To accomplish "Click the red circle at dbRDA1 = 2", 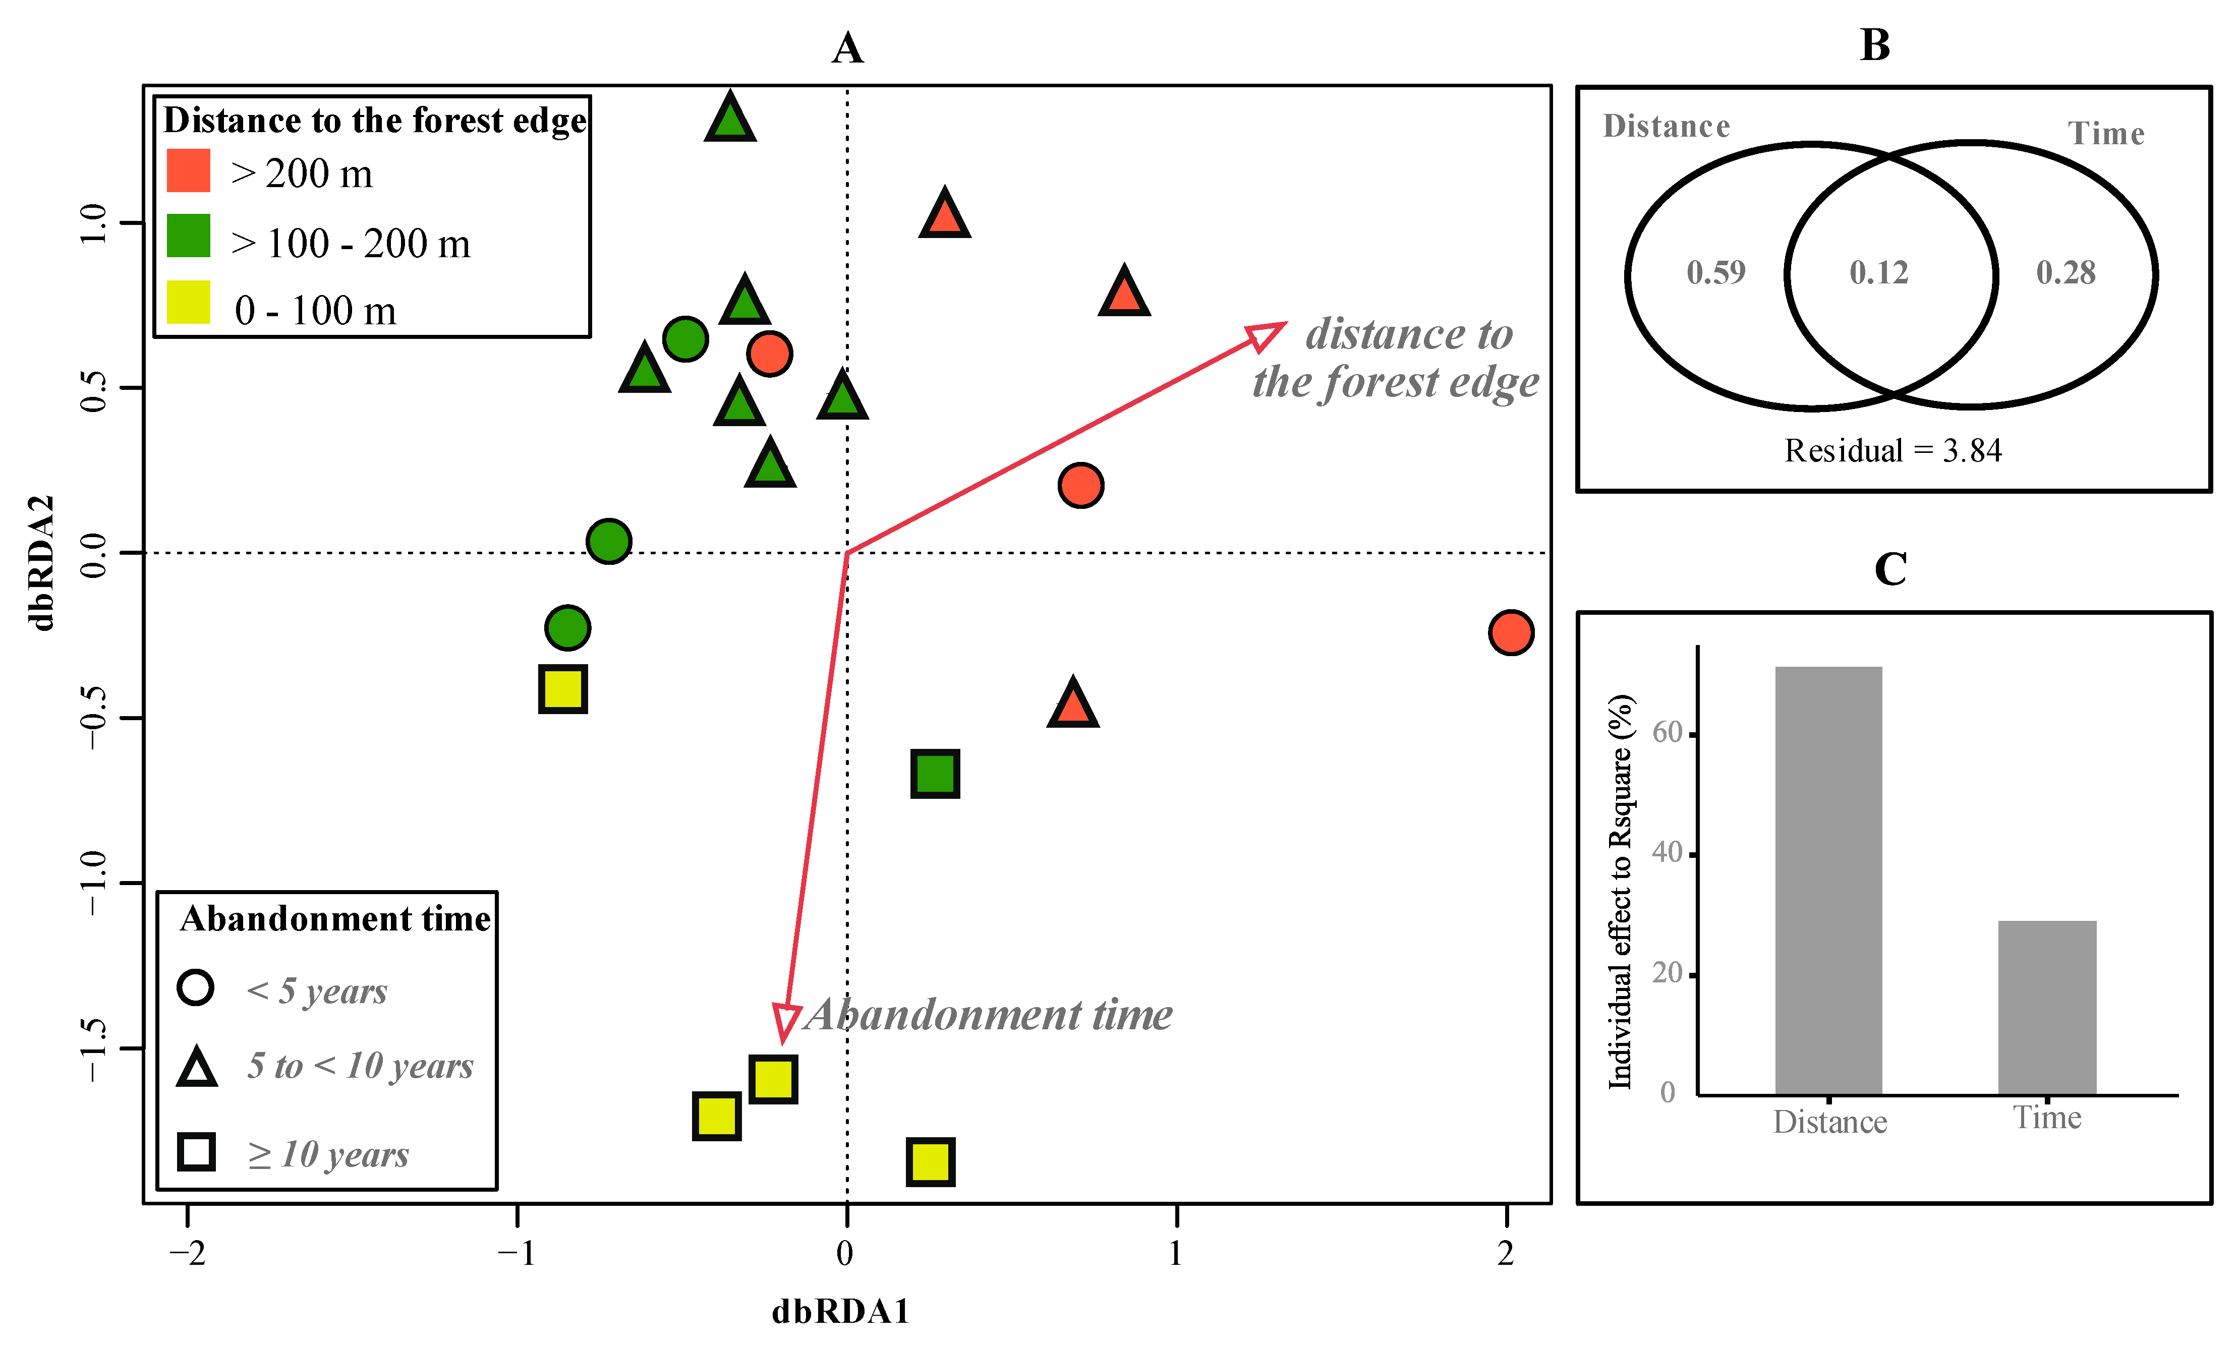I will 1510,632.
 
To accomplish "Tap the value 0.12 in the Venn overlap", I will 1879,272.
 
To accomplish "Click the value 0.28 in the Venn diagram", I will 2066,272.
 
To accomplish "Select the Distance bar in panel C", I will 1828,879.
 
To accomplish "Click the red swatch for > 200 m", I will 189,170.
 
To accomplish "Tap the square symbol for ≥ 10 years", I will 196,1152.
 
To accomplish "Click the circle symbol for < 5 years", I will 196,987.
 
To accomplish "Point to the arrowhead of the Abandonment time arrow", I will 785,1022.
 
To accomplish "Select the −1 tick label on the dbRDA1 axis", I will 517,1253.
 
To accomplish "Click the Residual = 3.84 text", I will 1892,450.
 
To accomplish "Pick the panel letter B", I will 1874,45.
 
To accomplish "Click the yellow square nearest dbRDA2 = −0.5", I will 563,689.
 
